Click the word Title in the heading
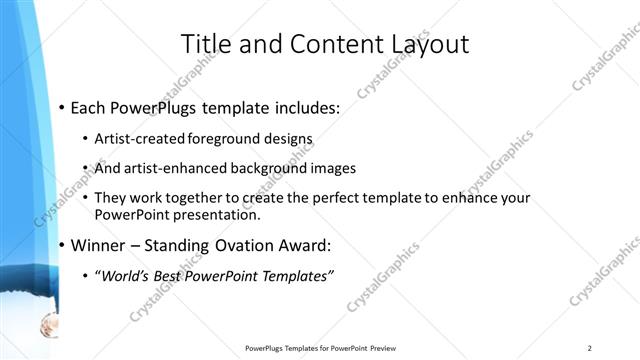(x=206, y=45)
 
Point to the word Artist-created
(x=140, y=138)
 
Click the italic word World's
(x=128, y=276)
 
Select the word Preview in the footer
(x=384, y=348)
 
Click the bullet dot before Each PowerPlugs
(x=62, y=107)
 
